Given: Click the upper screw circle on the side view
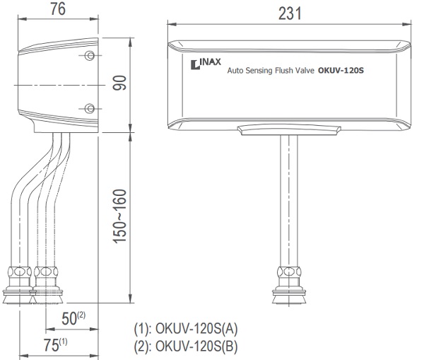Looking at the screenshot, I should (x=89, y=55).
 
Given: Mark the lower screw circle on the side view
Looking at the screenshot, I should (x=89, y=108).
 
